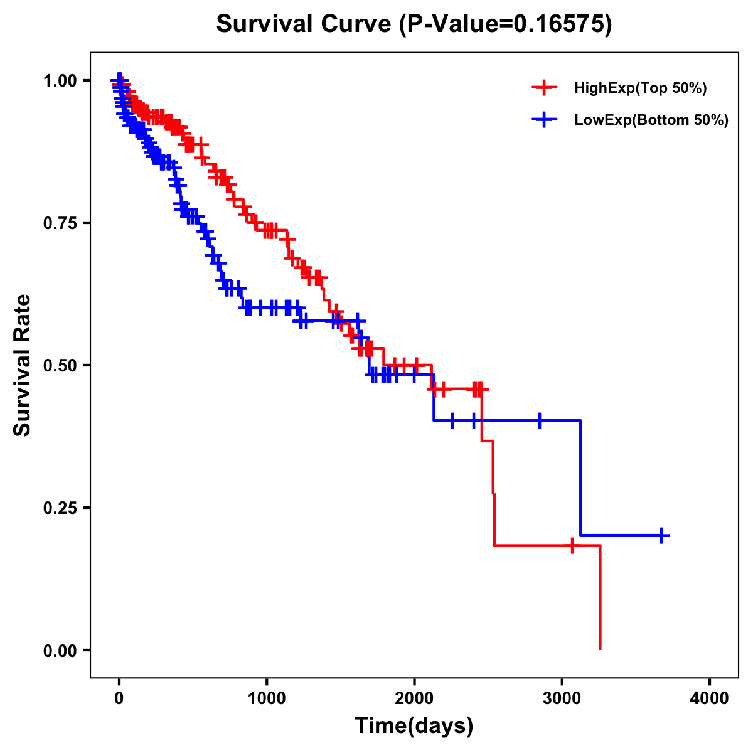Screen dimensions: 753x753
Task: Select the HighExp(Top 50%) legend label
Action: click(x=641, y=88)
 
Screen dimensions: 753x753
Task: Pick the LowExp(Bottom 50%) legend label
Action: click(x=651, y=120)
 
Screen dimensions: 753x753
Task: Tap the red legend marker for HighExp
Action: click(x=544, y=88)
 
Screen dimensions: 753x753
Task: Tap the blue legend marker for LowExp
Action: click(x=544, y=119)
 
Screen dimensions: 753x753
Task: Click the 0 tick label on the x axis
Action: click(x=119, y=698)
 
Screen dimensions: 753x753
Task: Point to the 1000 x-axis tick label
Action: click(x=267, y=698)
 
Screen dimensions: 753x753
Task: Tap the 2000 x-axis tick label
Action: click(x=414, y=698)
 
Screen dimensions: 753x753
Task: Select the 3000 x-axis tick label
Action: click(x=562, y=698)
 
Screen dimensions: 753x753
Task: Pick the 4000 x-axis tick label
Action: click(x=710, y=698)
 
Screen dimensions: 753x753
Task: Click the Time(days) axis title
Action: click(x=414, y=725)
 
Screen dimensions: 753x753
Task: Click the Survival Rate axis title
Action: click(x=23, y=365)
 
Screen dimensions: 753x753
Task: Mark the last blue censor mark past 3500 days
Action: click(x=661, y=535)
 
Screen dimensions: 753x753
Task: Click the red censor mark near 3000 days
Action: click(x=572, y=545)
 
